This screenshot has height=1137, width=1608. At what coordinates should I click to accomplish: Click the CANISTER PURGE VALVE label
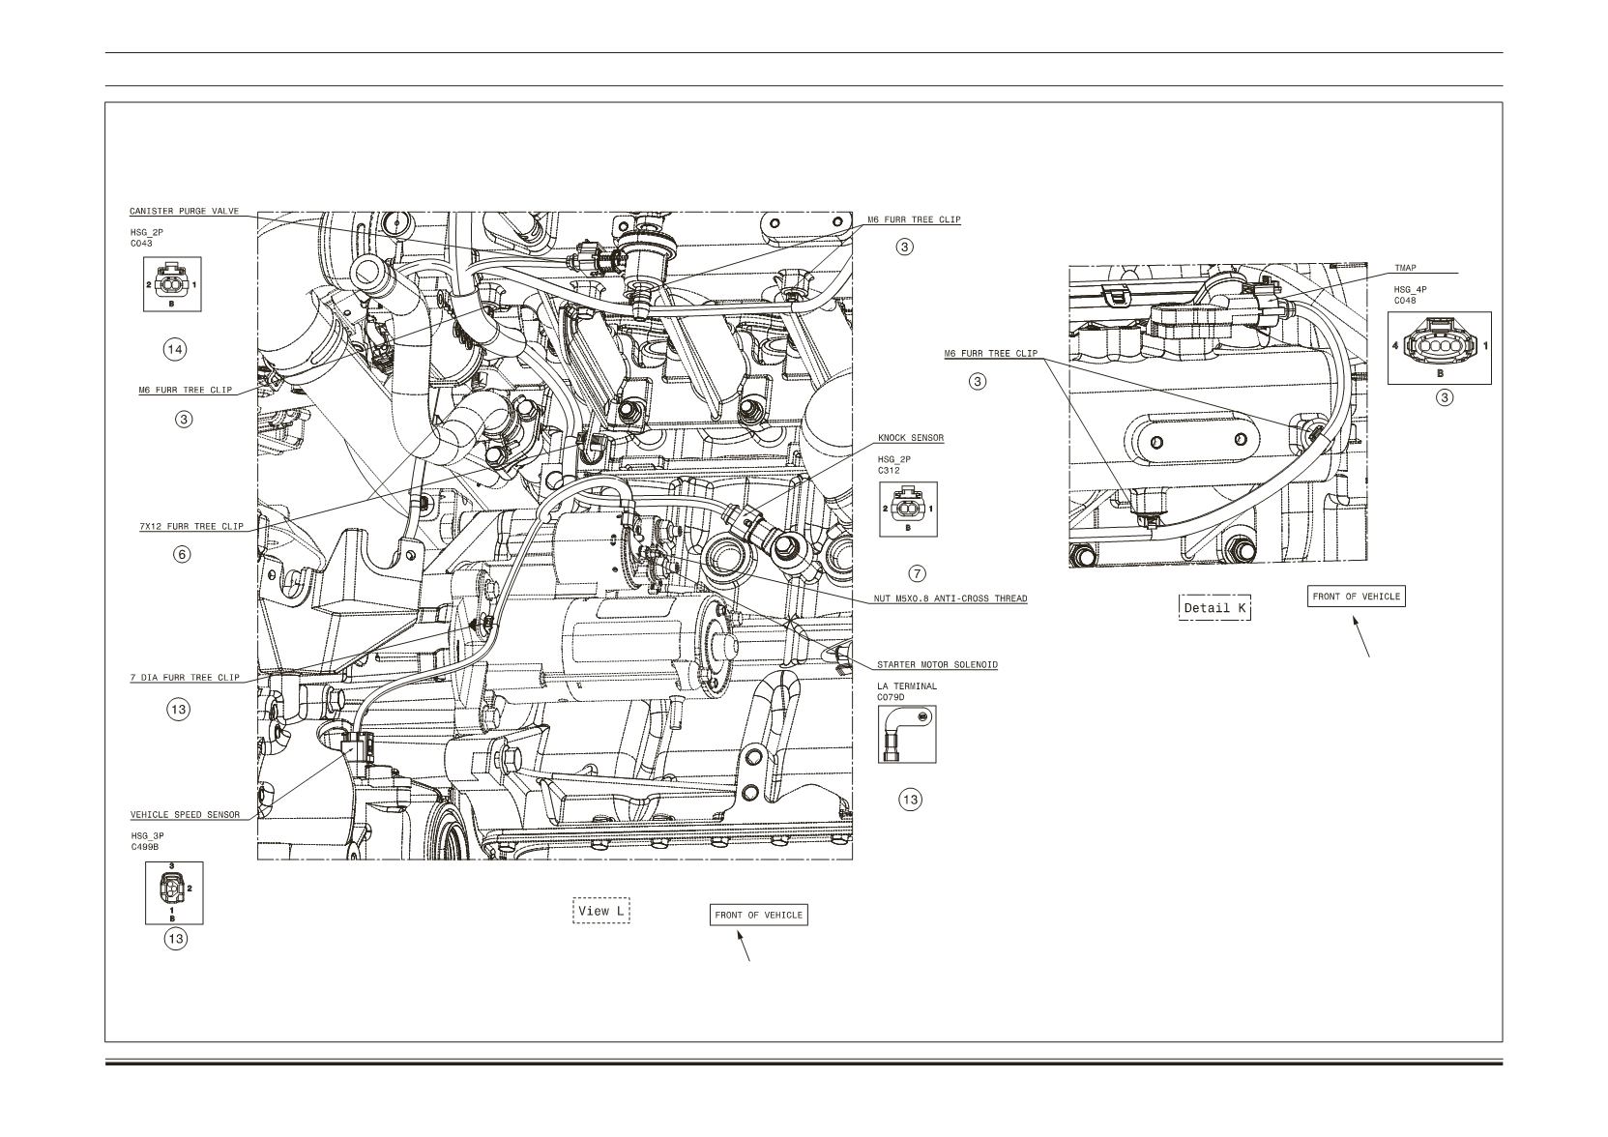tap(184, 211)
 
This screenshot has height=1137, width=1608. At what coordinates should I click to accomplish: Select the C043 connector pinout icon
tap(172, 284)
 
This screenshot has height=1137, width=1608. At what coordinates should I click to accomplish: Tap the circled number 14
tap(174, 350)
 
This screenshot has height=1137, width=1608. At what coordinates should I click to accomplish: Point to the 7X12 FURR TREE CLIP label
tap(190, 526)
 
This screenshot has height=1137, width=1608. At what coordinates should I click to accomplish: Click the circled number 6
tap(183, 554)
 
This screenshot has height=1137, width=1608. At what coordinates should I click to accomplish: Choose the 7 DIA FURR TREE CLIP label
tap(185, 677)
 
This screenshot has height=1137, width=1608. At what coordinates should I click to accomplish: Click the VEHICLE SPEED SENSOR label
tap(186, 815)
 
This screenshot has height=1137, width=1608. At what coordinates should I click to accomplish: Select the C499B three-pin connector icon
tap(174, 893)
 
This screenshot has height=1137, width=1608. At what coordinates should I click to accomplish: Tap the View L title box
tap(600, 910)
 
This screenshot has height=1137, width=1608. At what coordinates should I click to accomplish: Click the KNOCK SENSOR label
tap(910, 438)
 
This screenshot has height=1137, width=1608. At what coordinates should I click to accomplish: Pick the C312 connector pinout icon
tap(908, 509)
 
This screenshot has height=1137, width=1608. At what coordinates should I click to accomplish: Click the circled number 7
tap(917, 573)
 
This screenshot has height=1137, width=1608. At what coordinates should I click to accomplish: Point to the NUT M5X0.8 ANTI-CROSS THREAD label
tap(950, 598)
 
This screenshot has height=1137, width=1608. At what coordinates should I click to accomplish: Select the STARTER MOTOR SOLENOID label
tap(937, 664)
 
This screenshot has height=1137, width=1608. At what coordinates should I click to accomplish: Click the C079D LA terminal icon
tap(907, 735)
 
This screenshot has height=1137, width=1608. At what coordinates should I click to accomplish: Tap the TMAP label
tap(1405, 268)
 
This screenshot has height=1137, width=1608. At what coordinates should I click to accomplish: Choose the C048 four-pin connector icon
tap(1439, 348)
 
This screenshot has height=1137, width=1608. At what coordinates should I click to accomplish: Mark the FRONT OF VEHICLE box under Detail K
tap(1356, 596)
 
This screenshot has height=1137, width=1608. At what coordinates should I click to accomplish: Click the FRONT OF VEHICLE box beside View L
tap(759, 915)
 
